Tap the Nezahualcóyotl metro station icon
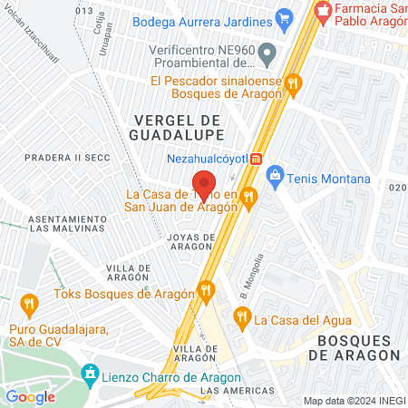coord(257,159)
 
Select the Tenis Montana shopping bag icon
coord(275,179)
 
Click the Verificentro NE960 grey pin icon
coord(267,56)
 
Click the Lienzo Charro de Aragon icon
coord(90,374)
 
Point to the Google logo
coord(30,396)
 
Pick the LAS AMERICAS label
coord(233,391)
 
